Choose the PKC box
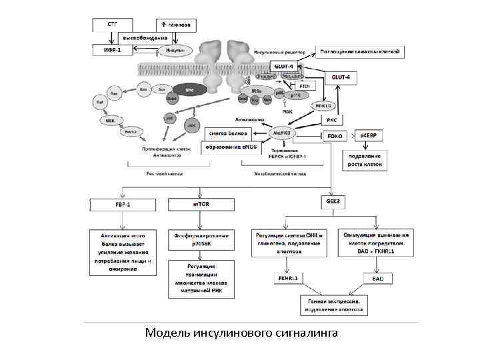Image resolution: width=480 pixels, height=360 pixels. [x=333, y=120]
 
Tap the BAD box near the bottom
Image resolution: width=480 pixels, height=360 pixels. [x=377, y=277]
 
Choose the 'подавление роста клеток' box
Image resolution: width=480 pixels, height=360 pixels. [x=365, y=160]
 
